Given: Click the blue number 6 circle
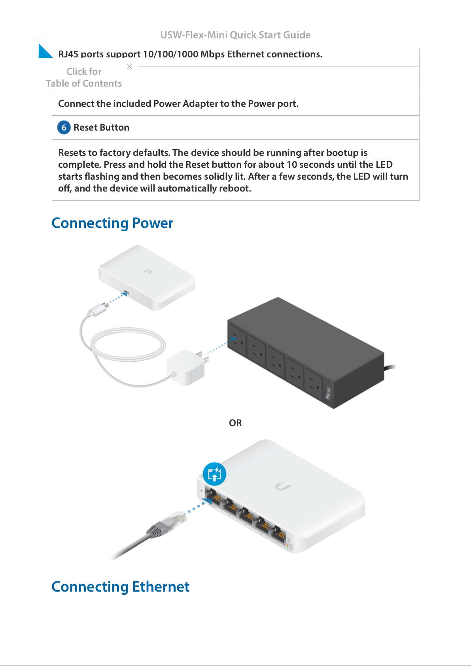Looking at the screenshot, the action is coord(64,127).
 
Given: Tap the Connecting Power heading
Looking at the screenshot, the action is coord(112,223).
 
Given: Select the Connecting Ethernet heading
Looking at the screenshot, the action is coord(120,587).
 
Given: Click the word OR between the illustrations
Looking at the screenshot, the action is coord(235,423).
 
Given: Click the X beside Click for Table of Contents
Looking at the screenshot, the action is coord(130,66).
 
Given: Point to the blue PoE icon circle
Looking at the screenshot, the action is coord(214,474).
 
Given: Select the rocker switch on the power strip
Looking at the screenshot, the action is coord(328,393).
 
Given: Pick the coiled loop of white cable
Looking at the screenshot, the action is coord(128,344).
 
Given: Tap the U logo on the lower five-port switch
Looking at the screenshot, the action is coord(283,486).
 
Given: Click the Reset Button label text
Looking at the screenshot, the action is coord(101,127).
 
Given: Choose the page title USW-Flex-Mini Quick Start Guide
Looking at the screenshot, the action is coord(235,35).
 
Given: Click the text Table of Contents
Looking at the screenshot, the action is coord(84,83).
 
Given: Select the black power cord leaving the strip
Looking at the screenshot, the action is coord(390,368).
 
